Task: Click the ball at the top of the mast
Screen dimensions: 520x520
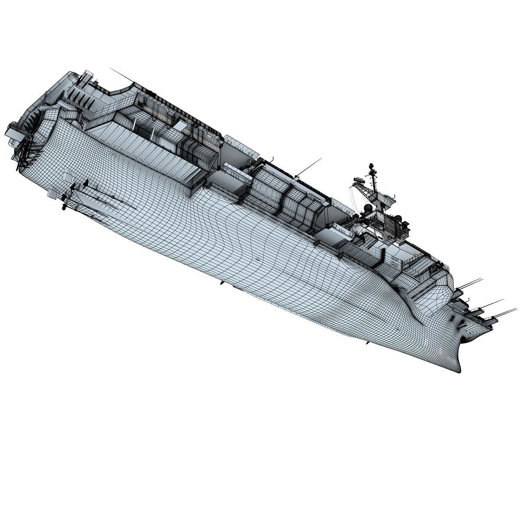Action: pyautogui.click(x=371, y=166)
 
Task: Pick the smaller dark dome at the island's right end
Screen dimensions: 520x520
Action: pyautogui.click(x=406, y=224)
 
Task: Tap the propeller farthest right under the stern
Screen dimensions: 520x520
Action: pyautogui.click(x=85, y=184)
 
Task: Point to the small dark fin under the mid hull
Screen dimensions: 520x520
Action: pyautogui.click(x=222, y=283)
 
